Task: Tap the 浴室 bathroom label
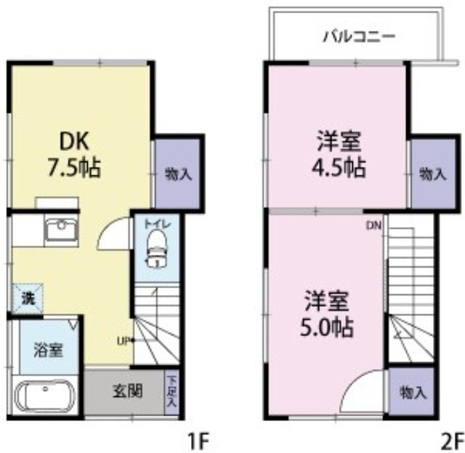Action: click(x=47, y=349)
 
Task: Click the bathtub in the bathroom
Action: click(x=45, y=397)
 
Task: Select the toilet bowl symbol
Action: click(x=158, y=254)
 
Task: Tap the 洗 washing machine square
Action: click(x=27, y=297)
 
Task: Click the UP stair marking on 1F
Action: click(x=124, y=339)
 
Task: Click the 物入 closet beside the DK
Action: click(x=178, y=173)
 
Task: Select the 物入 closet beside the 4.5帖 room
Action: click(x=432, y=173)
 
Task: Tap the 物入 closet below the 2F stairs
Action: click(x=413, y=393)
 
